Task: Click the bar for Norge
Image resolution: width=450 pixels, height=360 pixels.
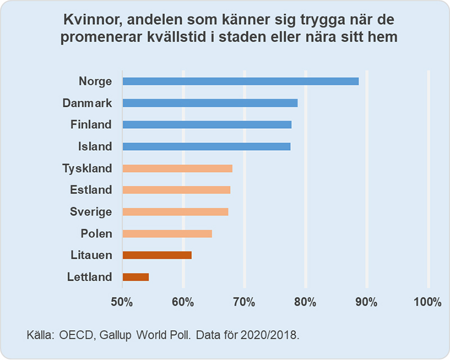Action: (x=240, y=81)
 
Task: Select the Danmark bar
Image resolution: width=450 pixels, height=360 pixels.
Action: (x=210, y=103)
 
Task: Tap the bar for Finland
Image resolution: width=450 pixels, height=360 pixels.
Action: (x=207, y=124)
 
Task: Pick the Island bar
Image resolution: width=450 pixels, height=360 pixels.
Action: (x=206, y=146)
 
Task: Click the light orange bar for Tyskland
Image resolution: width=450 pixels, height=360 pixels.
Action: (x=177, y=168)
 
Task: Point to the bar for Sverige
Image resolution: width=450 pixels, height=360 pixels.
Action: (x=175, y=211)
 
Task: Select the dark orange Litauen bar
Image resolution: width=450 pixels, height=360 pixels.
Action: (x=157, y=255)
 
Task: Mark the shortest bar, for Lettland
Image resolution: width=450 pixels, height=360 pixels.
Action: (x=136, y=277)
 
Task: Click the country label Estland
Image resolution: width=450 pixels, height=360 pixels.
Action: (x=91, y=190)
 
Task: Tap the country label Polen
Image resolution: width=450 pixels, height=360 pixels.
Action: (x=96, y=233)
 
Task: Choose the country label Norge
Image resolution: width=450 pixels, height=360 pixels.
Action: (x=96, y=81)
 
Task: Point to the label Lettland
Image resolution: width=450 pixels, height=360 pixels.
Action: (x=90, y=277)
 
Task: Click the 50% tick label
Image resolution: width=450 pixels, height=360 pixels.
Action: (x=122, y=302)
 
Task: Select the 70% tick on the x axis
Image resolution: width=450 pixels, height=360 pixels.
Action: (x=244, y=302)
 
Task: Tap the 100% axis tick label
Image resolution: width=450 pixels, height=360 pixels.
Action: (x=427, y=302)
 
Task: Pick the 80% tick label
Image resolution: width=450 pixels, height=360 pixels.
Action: (x=305, y=302)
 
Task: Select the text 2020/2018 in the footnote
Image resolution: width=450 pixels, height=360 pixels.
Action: (x=272, y=335)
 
